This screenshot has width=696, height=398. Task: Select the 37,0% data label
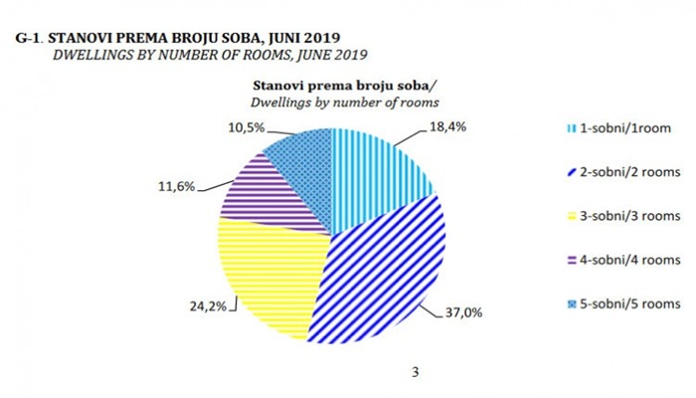coord(463,312)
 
